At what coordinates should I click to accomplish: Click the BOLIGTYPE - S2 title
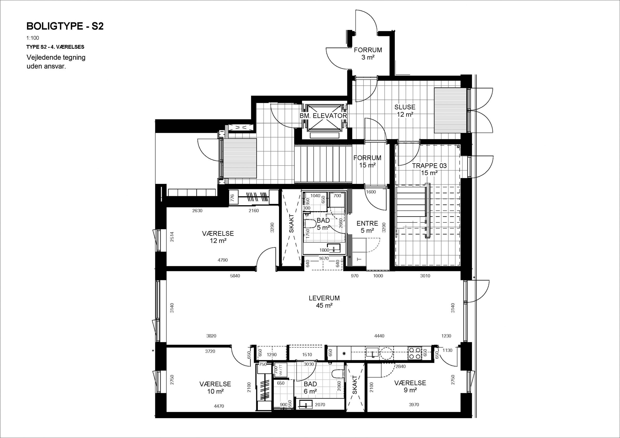(x=65, y=26)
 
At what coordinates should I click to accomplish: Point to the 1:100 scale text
(x=33, y=38)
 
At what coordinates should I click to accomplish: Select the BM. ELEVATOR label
(x=323, y=116)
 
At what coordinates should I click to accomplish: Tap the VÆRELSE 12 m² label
(x=218, y=237)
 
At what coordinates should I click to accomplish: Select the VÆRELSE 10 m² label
(x=215, y=387)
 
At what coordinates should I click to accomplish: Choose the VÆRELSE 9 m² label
(x=410, y=386)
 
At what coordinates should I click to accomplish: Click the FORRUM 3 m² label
(x=368, y=53)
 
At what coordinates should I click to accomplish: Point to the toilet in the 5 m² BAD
(x=310, y=224)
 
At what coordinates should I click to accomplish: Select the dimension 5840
(x=235, y=276)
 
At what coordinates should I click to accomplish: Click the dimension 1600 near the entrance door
(x=371, y=192)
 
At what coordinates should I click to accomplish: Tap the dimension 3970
(x=414, y=405)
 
